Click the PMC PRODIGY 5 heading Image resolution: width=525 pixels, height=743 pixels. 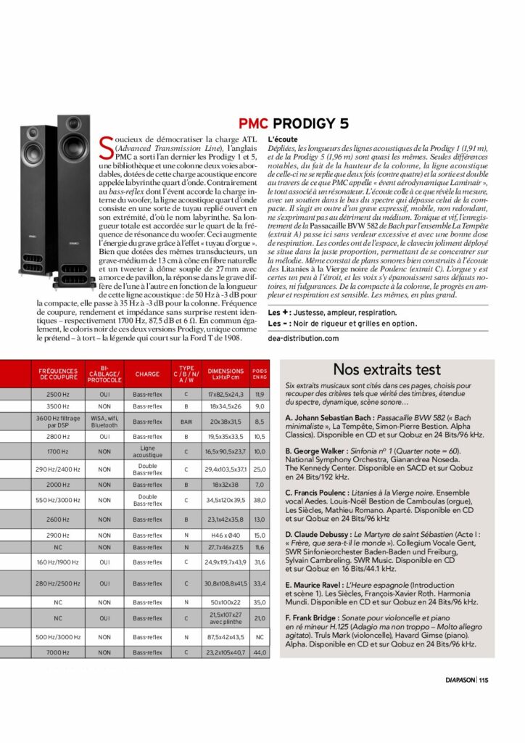(294, 122)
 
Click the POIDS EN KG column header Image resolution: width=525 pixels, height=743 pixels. (259, 374)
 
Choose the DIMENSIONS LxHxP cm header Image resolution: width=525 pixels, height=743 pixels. (226, 374)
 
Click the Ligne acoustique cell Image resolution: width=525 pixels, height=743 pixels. (147, 451)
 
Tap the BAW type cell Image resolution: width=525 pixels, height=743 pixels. (186, 421)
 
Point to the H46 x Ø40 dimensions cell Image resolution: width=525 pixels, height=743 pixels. (226, 535)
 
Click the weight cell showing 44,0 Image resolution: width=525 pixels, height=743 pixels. (259, 653)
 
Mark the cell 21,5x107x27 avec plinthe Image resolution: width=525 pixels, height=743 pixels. (226, 618)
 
